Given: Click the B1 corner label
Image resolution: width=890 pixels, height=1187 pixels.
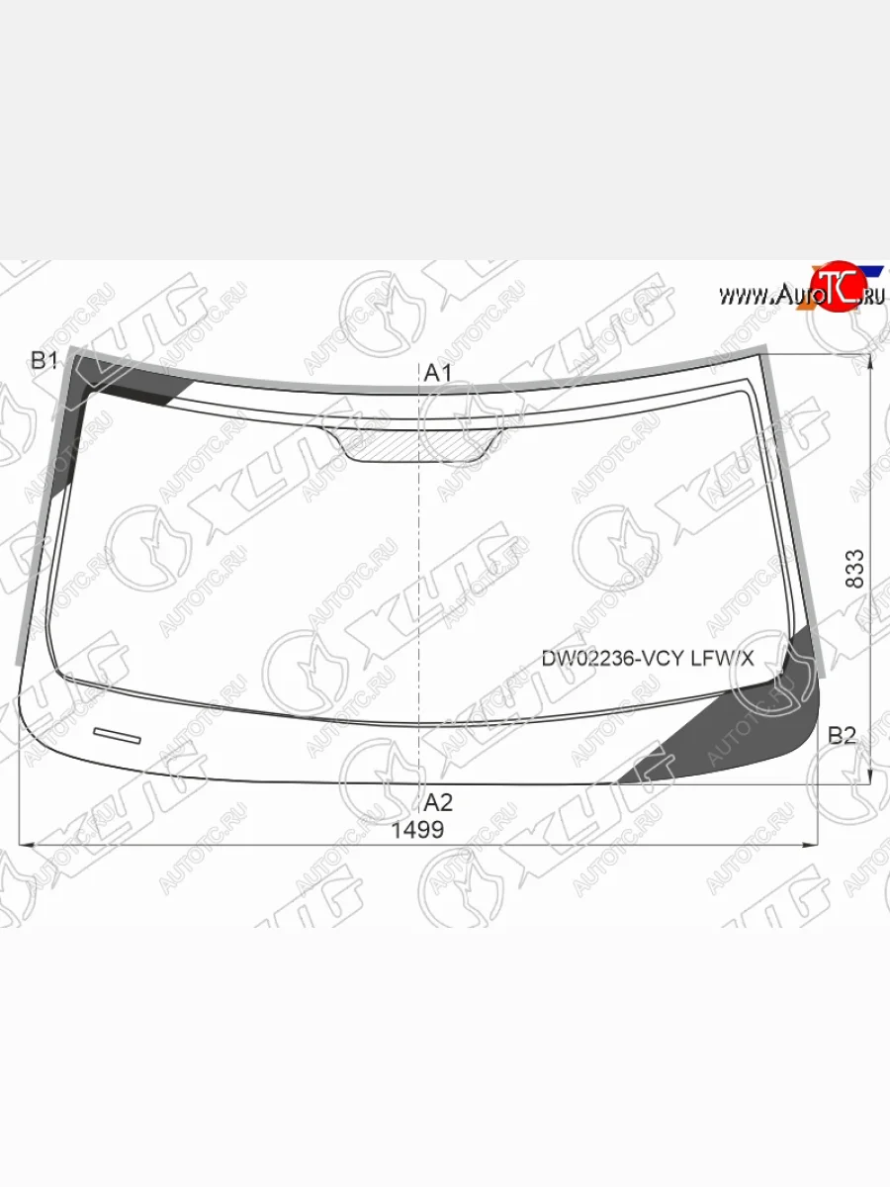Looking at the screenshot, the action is pyautogui.click(x=44, y=360).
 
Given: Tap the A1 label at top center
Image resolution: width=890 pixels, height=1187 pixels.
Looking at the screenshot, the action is pyautogui.click(x=437, y=373).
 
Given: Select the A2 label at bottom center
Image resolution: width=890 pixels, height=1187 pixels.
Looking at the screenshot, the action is pyautogui.click(x=438, y=803).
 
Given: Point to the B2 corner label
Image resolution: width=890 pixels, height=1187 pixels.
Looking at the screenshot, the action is pyautogui.click(x=842, y=736).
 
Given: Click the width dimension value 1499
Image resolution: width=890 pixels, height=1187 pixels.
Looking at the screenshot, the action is pyautogui.click(x=417, y=830).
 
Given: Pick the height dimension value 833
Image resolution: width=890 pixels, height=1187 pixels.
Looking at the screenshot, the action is pyautogui.click(x=854, y=569).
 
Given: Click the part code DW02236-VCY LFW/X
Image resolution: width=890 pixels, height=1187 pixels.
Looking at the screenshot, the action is pyautogui.click(x=648, y=659).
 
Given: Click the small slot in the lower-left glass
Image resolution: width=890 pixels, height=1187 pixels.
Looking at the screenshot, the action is pyautogui.click(x=117, y=736).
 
